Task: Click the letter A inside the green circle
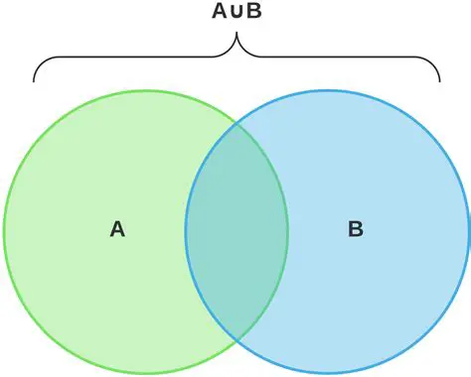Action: pyautogui.click(x=117, y=229)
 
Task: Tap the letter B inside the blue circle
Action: pyautogui.click(x=355, y=229)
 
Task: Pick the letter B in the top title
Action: pyautogui.click(x=253, y=12)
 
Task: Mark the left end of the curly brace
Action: pyautogui.click(x=35, y=78)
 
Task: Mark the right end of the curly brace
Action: pyautogui.click(x=438, y=78)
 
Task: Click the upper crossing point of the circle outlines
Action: pyautogui.click(x=236, y=126)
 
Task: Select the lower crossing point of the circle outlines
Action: pyautogui.click(x=236, y=339)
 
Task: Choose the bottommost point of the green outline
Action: pyautogui.click(x=146, y=375)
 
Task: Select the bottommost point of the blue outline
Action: pyautogui.click(x=327, y=375)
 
